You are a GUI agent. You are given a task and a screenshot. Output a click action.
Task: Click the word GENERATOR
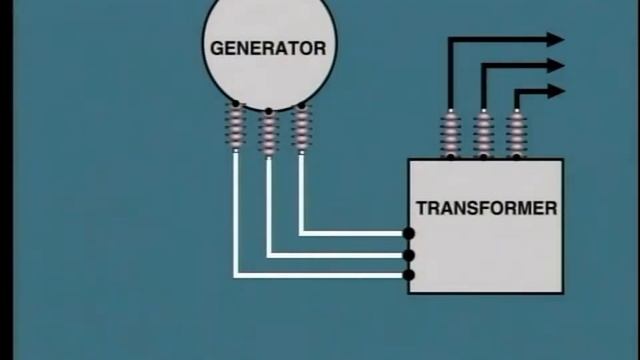pos(268,47)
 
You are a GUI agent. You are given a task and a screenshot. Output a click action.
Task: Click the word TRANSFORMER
pos(486,209)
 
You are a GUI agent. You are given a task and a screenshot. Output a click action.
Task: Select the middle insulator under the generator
pos(268,133)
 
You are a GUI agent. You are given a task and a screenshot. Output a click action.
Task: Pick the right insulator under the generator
pos(300,127)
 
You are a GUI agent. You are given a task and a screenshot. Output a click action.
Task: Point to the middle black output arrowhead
pos(555,66)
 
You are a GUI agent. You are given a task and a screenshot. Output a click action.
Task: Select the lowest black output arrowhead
pos(555,92)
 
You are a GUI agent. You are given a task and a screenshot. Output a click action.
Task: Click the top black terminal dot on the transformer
pos(409,234)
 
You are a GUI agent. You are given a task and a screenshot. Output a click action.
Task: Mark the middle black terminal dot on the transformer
pos(409,255)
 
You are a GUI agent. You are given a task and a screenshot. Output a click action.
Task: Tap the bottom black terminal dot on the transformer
pos(409,275)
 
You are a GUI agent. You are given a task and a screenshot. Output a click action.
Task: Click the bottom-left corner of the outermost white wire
pos(236,275)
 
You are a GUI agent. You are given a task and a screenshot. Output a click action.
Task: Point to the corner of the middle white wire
pos(268,255)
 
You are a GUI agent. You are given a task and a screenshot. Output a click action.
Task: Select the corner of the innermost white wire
pos(300,234)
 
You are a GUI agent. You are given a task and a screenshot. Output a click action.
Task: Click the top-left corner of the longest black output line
pos(450,40)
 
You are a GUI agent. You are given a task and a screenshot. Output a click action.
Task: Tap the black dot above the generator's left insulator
pos(236,104)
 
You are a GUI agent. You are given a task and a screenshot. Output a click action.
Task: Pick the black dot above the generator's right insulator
pos(300,104)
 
